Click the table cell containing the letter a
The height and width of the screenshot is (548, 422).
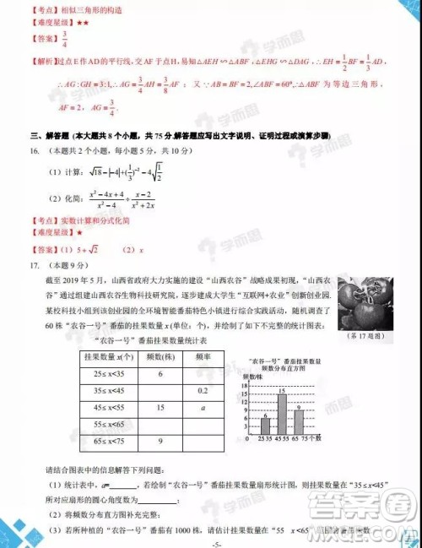tap(203, 407)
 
